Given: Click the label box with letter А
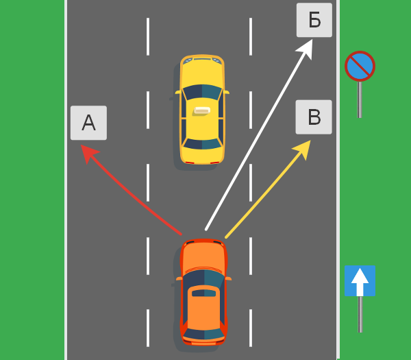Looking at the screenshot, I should click(x=88, y=123).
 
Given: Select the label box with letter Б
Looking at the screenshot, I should click(x=314, y=20).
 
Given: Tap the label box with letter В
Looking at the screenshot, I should click(x=314, y=117).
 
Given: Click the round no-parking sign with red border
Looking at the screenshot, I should click(x=360, y=66).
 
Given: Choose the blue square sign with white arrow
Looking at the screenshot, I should click(x=360, y=281).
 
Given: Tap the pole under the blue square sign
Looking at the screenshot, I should click(x=360, y=314).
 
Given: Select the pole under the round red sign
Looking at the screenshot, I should click(x=360, y=99).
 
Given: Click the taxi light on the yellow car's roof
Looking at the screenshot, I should click(x=202, y=110).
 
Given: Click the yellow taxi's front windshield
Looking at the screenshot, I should click(x=202, y=92).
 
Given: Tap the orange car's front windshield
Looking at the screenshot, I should click(x=203, y=278).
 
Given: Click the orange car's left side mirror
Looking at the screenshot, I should click(x=179, y=278).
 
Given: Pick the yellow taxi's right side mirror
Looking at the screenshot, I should click(x=226, y=91).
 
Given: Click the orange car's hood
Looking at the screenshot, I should click(x=203, y=255).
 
